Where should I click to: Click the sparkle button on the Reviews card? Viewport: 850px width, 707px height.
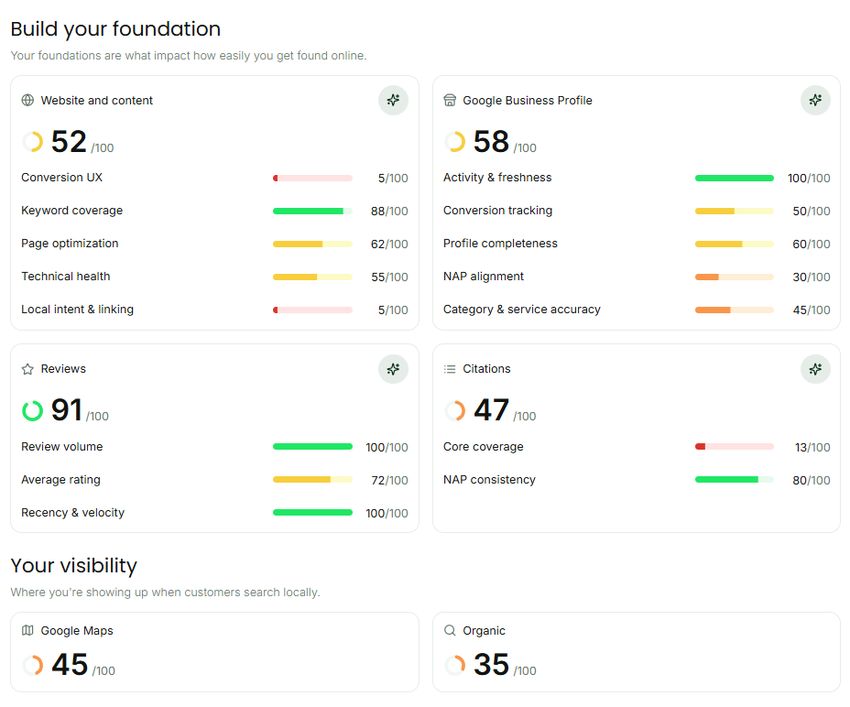393,369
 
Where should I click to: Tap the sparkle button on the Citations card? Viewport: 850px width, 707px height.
815,369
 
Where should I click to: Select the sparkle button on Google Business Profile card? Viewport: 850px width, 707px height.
815,101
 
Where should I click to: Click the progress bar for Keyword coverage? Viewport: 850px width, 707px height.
312,211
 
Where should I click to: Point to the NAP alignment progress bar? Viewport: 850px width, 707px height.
735,277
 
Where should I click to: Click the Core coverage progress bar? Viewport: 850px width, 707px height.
735,447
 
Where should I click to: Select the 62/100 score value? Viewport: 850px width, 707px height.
389,244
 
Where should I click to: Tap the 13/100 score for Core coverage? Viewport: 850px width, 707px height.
812,447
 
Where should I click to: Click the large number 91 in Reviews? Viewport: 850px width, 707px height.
67,409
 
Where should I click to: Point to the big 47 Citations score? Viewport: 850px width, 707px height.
491,409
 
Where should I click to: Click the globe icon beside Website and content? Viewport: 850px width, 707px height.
27,101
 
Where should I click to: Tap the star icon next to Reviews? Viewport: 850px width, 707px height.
27,369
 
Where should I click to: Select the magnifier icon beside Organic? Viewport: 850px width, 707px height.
450,631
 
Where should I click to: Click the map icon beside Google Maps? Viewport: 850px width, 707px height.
27,631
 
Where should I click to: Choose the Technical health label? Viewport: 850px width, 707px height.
66,277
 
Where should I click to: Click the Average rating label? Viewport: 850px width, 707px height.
60,480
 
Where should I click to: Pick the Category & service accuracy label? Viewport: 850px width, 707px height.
522,310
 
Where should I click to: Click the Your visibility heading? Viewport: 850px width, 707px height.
73,565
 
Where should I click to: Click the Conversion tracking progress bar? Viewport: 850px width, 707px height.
735,211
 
